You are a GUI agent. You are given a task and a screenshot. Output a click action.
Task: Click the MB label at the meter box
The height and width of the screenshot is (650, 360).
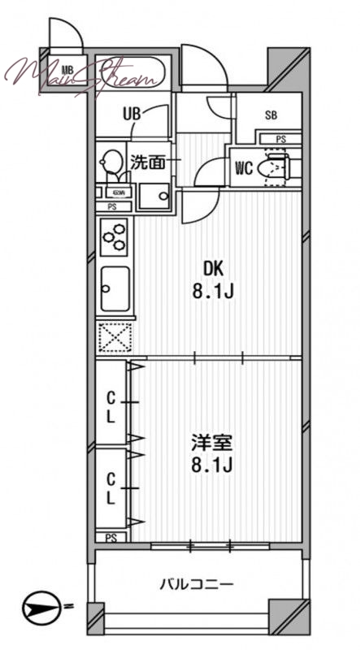pyautogui.click(x=66, y=70)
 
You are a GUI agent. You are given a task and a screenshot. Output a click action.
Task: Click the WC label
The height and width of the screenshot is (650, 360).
pyautogui.click(x=243, y=168)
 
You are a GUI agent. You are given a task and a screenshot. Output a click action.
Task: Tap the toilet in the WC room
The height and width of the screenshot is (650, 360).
pyautogui.click(x=275, y=169)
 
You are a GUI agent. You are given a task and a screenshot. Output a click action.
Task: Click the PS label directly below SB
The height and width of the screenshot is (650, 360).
pyautogui.click(x=280, y=140)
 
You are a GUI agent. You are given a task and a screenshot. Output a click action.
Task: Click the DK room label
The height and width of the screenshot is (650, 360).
pyautogui.click(x=212, y=268)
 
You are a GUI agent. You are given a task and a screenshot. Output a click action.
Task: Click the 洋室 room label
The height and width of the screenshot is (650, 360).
pyautogui.click(x=212, y=444)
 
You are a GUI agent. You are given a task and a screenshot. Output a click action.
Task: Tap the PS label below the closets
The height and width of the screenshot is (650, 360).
pyautogui.click(x=111, y=536)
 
